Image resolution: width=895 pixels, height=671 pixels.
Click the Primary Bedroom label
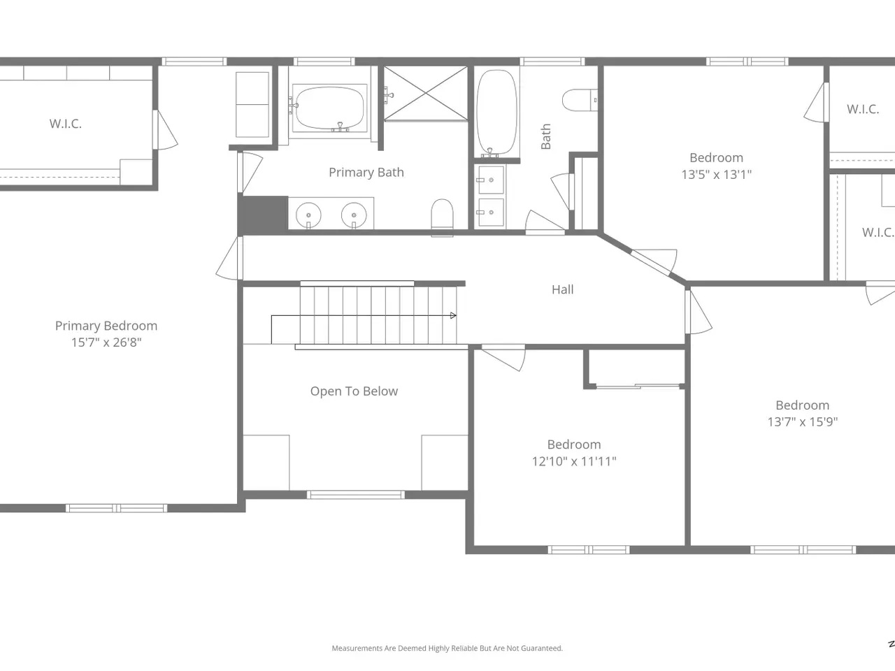[x=106, y=326]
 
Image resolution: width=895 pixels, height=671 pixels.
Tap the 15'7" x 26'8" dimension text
[x=106, y=342]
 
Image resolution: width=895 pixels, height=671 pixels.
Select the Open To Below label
[x=354, y=391]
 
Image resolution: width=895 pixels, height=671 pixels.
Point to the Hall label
[x=563, y=289]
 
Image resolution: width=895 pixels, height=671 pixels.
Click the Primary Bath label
[x=366, y=173]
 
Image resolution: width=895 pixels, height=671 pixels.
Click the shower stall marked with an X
[x=426, y=93]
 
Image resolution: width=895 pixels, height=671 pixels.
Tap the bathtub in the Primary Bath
[x=330, y=108]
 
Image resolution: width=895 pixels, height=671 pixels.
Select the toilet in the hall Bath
[x=580, y=100]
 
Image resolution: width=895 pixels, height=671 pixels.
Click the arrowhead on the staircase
[x=453, y=315]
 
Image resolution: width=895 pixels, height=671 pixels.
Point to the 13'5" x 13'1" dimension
[x=717, y=175]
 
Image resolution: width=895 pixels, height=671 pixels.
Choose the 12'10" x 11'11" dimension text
[x=574, y=461]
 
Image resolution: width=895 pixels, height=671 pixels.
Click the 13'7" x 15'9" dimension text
[x=803, y=421]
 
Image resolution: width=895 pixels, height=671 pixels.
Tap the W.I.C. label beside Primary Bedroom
[x=66, y=124]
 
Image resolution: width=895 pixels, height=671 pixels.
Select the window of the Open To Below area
[x=356, y=495]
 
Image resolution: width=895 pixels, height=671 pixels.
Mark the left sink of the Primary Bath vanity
[x=308, y=215]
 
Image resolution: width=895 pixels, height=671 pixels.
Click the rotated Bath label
[x=545, y=136]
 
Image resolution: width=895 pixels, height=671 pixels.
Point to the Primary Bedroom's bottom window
[x=117, y=508]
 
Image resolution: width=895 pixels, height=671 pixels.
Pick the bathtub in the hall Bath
[x=497, y=112]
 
